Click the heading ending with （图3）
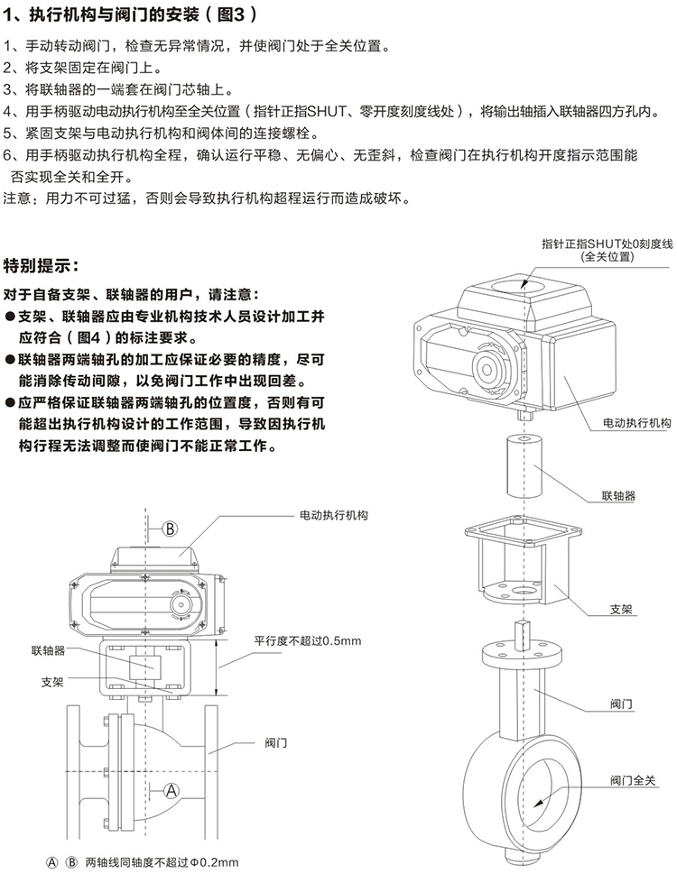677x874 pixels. pos(131,15)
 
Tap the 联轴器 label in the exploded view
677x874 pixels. pos(618,496)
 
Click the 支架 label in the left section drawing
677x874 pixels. pos(52,682)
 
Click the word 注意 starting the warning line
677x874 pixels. pos(22,198)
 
